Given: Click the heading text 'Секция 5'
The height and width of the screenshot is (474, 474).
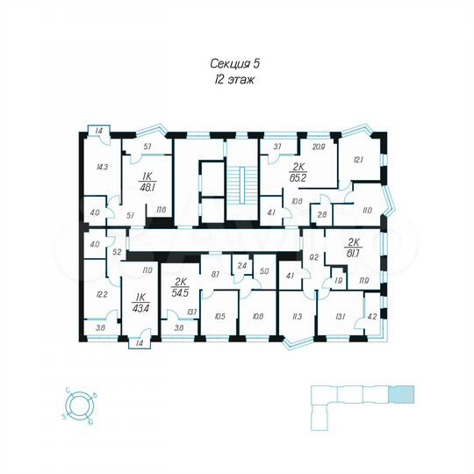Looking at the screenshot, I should [238, 63].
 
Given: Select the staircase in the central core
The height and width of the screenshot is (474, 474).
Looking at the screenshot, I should [237, 183].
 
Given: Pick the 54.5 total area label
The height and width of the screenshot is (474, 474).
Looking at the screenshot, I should [181, 287].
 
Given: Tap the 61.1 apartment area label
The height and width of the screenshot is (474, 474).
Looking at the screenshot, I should [355, 250].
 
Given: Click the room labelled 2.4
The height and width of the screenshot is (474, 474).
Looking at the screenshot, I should [242, 263].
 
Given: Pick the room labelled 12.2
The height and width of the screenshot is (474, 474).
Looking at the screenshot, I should [102, 294].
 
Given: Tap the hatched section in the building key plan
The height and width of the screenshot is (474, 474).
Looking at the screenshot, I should [402, 396].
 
